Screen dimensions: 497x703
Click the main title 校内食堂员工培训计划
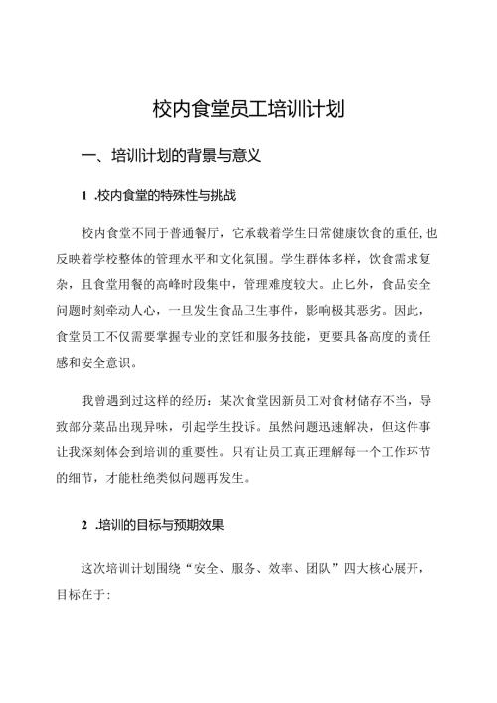tap(248, 107)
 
